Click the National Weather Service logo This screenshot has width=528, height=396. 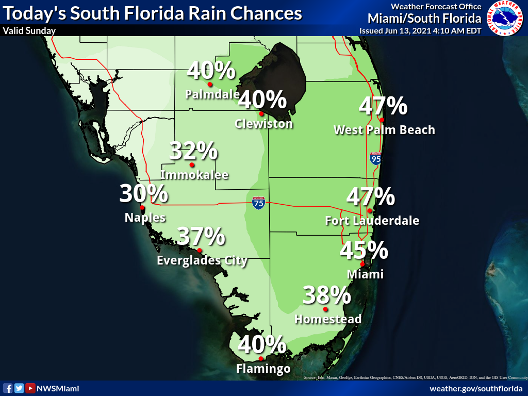pos(506,18)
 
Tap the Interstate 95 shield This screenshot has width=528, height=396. pos(375,158)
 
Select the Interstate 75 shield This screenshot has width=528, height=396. pos(258,203)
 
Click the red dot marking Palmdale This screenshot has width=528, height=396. pos(210,84)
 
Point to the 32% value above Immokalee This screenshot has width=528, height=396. pos(193,151)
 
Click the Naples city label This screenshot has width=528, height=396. pos(145,218)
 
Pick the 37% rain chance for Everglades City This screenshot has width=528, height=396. pos(201,236)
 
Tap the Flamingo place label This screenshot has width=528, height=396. pos(263,368)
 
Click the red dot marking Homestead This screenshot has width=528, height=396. pos(325,309)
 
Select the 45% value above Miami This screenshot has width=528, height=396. pos(364,250)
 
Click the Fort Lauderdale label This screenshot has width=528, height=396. pos(372,221)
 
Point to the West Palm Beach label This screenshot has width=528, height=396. pos(384,130)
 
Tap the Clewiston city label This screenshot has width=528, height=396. pos(263,124)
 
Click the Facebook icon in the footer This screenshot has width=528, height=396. pos(8,388)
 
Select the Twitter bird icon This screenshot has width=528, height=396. pos(19,388)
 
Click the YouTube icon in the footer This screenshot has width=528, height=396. pos(30,388)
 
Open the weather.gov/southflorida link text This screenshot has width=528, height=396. pos(476,389)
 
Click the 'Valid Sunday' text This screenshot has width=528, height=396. pos(29,30)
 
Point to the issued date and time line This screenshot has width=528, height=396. pos(420,30)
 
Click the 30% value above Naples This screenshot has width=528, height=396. pos(144,194)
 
